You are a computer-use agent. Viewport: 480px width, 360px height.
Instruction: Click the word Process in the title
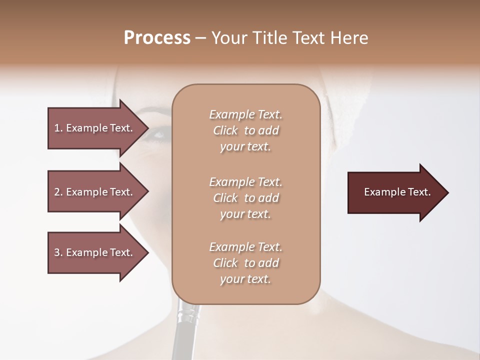(x=157, y=38)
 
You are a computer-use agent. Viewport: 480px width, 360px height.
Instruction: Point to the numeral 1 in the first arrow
(x=57, y=128)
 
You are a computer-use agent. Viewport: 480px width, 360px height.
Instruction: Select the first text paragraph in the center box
(x=245, y=130)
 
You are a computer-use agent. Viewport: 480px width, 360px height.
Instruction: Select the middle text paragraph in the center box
(x=245, y=198)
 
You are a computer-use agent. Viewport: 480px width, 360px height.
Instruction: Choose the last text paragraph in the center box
(x=245, y=263)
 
